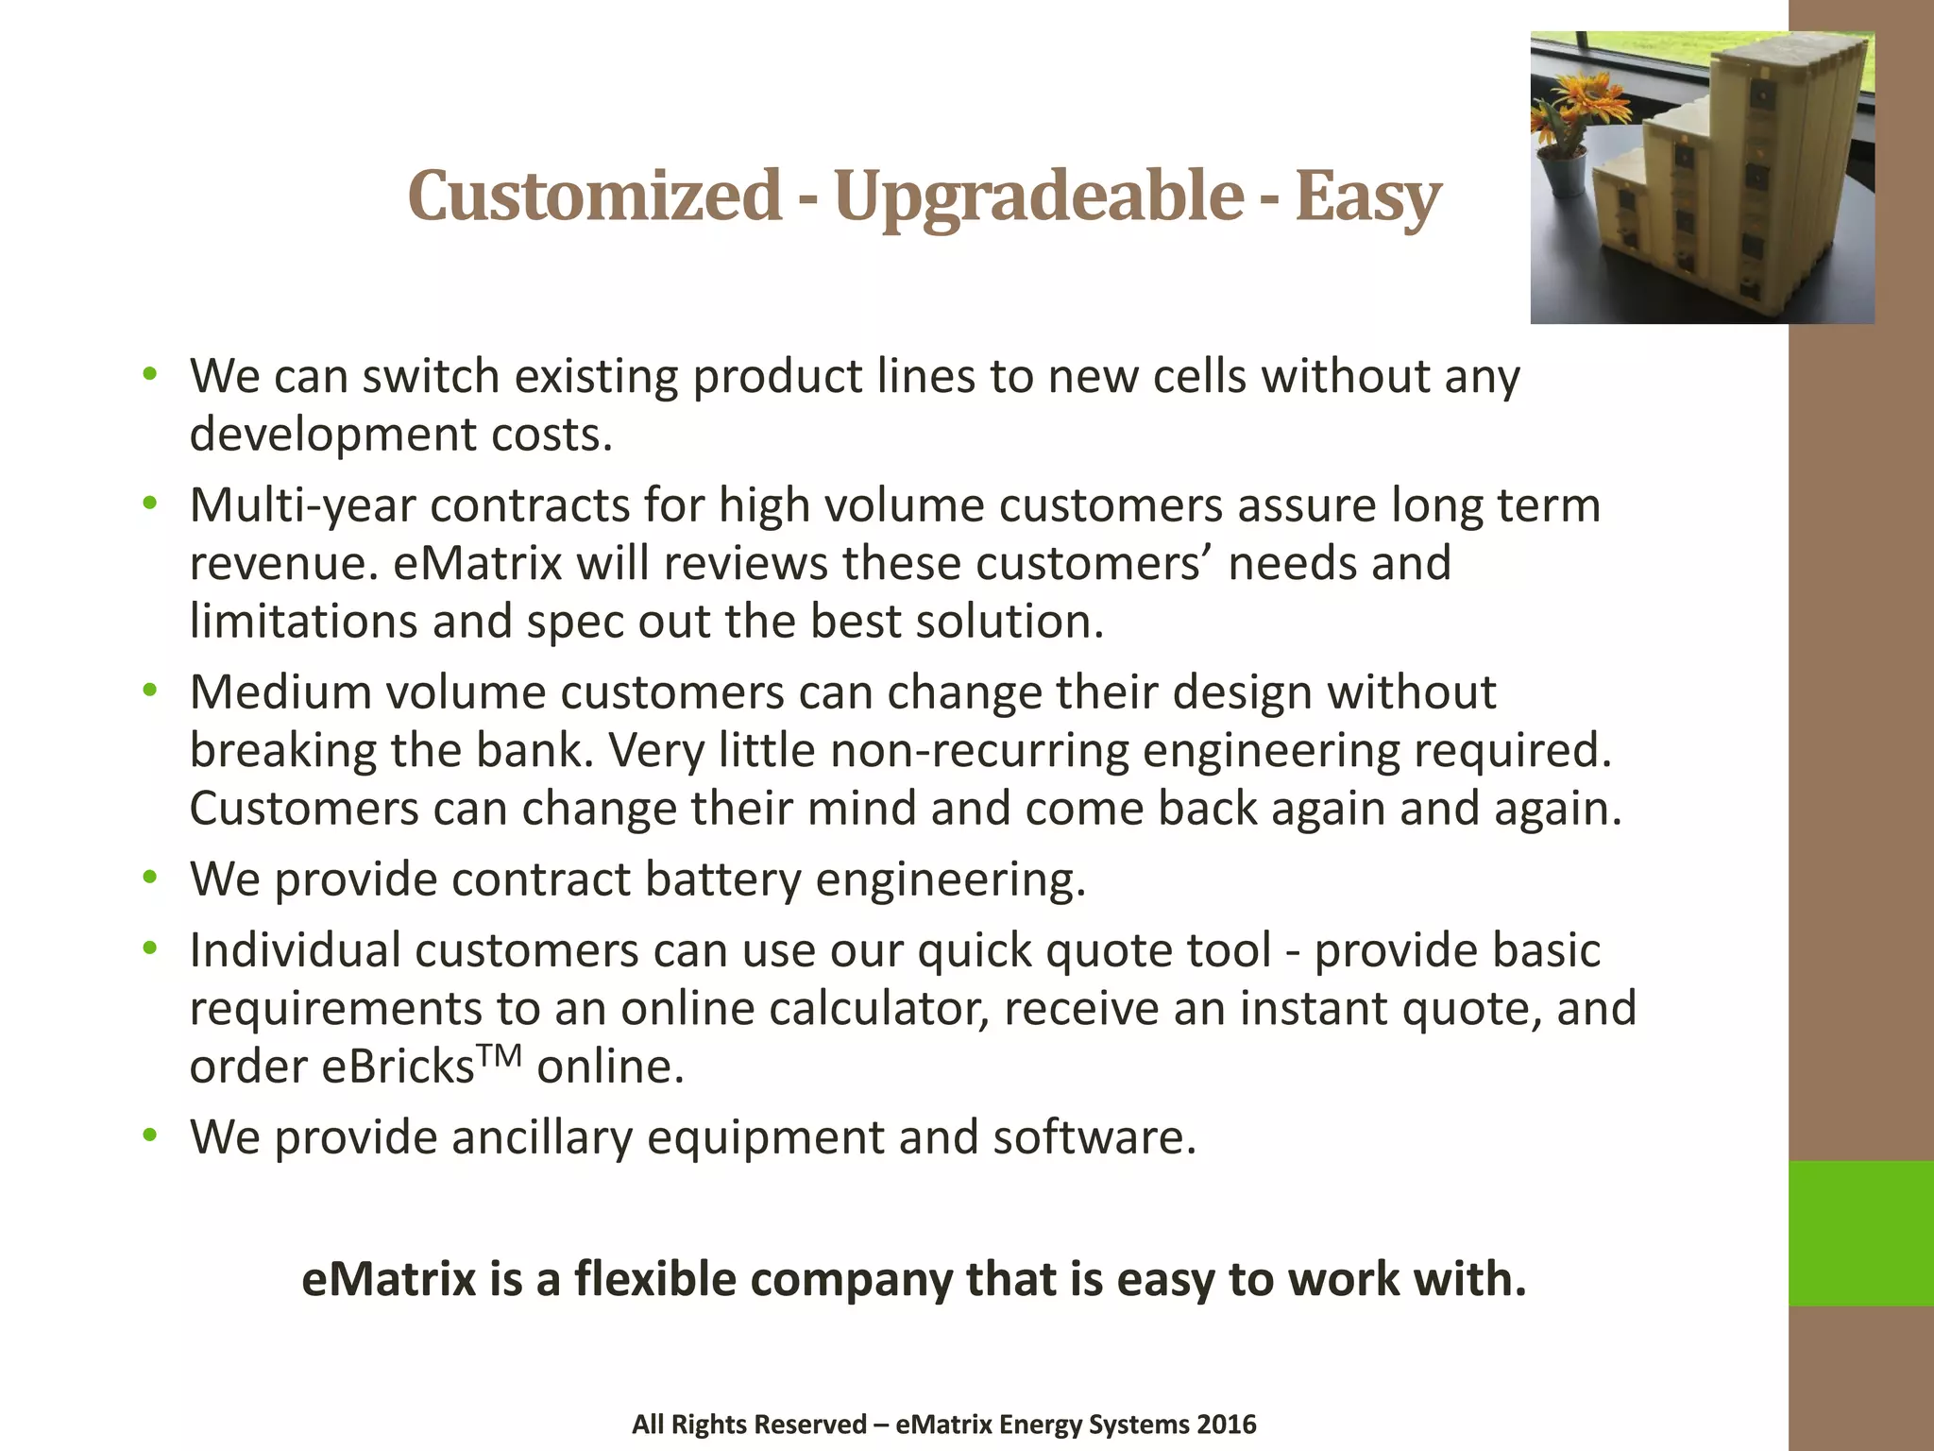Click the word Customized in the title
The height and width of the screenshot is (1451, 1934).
coord(594,196)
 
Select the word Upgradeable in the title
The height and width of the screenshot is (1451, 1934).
coord(1039,196)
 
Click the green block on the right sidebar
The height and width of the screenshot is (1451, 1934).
coord(1860,1233)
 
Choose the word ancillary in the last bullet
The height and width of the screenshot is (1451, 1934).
coord(542,1137)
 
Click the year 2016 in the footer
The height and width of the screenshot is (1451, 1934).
coord(1225,1425)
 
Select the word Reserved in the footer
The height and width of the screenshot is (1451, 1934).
coord(816,1425)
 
